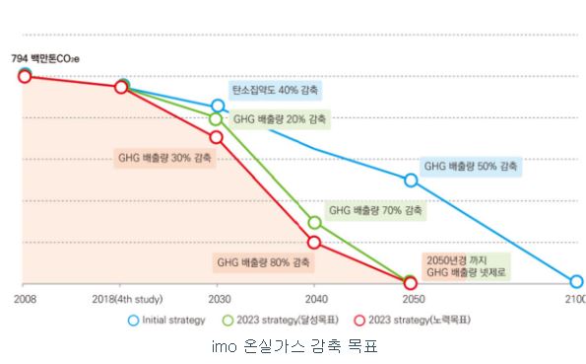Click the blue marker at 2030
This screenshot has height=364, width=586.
pos(218,106)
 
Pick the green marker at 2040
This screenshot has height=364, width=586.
pos(315,223)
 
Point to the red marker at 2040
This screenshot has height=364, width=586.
pos(315,242)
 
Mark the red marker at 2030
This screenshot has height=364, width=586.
pos(217,137)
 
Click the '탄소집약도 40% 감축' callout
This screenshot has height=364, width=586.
pos(275,90)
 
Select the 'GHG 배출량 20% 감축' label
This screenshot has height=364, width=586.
pos(281,119)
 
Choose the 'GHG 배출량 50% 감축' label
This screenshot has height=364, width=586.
pos(471,166)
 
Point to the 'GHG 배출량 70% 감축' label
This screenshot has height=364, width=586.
pos(375,210)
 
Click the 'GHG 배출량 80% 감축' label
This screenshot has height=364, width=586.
pos(263,262)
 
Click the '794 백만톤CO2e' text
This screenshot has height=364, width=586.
pos(46,58)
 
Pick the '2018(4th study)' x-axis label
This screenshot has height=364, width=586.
pos(126,298)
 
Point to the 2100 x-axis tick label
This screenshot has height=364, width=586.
pos(574,298)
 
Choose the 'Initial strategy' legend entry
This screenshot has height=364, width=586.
pos(167,320)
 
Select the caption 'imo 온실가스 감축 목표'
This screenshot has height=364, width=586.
pos(293,346)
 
